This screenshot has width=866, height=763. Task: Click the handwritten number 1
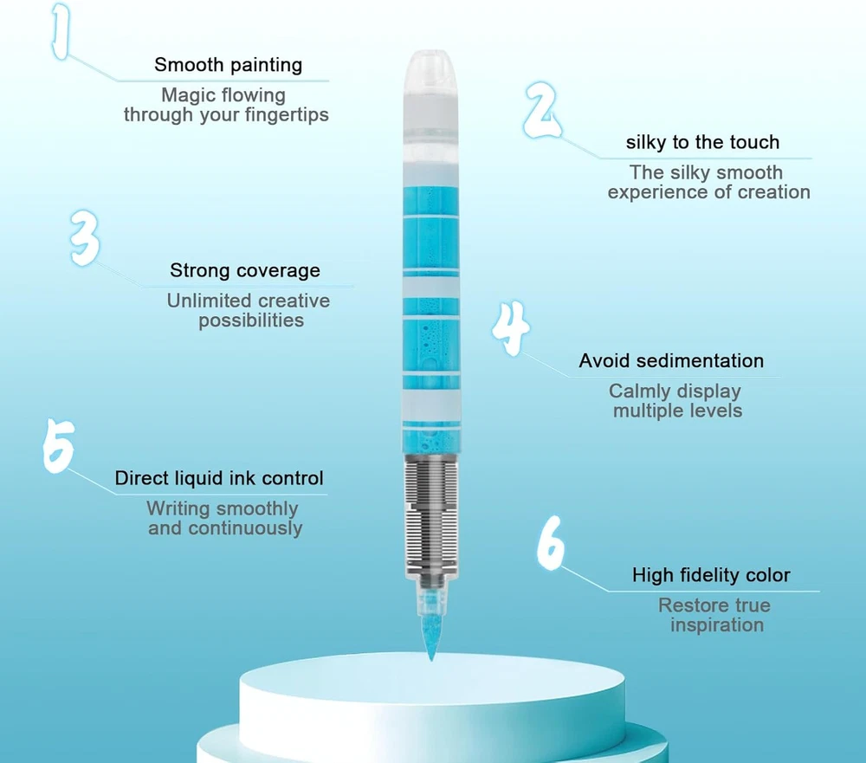tap(61, 30)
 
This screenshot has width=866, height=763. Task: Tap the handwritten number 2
tap(542, 110)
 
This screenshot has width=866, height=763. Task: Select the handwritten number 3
tap(86, 238)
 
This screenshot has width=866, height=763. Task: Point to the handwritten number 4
tap(511, 328)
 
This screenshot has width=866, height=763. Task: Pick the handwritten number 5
tap(59, 445)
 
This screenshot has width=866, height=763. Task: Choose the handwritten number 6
tap(551, 542)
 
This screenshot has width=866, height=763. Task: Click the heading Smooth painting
tap(228, 65)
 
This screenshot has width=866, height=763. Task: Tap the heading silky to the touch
tap(702, 142)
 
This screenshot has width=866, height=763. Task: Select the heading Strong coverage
tap(245, 270)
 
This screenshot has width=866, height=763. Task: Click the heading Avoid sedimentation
tap(671, 361)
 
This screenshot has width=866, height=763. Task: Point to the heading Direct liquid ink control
tap(219, 478)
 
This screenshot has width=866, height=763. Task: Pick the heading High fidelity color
tap(711, 575)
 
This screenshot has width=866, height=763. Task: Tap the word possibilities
tap(251, 320)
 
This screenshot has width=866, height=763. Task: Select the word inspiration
tap(717, 625)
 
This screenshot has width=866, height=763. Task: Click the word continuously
tap(245, 528)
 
